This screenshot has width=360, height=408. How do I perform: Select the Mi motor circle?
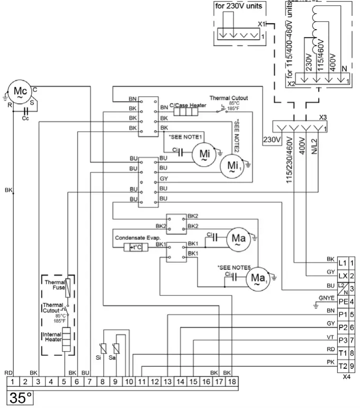204,152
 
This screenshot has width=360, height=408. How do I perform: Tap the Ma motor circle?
238,239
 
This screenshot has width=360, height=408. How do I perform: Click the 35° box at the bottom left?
19,397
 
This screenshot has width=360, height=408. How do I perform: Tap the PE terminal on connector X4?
342,302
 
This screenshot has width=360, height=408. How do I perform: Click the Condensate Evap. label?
136,238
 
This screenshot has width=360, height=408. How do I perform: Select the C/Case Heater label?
188,106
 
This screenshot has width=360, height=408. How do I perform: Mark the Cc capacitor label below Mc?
25,119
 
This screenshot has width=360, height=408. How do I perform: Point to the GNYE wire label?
326,298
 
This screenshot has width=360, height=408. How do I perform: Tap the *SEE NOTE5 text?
233,268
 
